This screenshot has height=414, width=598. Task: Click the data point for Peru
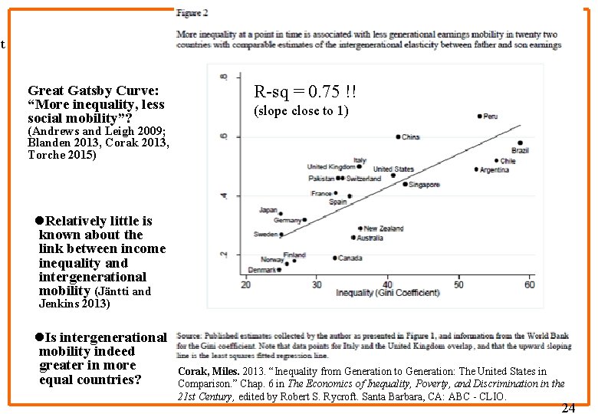pyautogui.click(x=479, y=117)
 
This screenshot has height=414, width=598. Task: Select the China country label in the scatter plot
pyautogui.click(x=411, y=137)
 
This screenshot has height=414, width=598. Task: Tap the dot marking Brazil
pyautogui.click(x=520, y=143)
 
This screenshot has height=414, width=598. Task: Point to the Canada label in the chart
pyautogui.click(x=350, y=258)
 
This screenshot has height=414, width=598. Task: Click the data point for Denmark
pyautogui.click(x=279, y=270)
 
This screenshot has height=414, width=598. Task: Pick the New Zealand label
pyautogui.click(x=384, y=228)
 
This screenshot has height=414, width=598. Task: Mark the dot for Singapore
pyautogui.click(x=406, y=184)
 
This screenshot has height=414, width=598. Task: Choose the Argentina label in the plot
pyautogui.click(x=495, y=170)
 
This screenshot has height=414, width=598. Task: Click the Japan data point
pyautogui.click(x=281, y=213)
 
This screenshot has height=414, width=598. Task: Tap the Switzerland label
pyautogui.click(x=363, y=179)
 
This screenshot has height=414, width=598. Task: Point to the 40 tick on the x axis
pyautogui.click(x=388, y=285)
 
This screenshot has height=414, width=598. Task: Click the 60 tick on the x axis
pyautogui.click(x=530, y=285)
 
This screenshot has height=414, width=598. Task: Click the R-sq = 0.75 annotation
pyautogui.click(x=305, y=93)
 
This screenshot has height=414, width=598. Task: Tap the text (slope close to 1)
pyautogui.click(x=301, y=111)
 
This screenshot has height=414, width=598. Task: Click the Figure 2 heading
pyautogui.click(x=192, y=13)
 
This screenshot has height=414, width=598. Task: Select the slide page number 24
pyautogui.click(x=568, y=408)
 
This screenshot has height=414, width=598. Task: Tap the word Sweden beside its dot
pyautogui.click(x=265, y=235)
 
